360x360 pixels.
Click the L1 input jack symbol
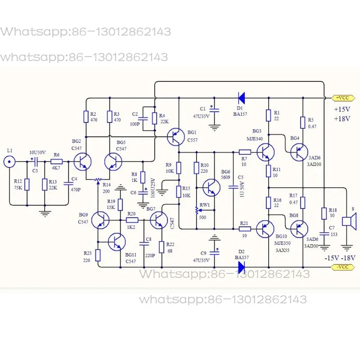tap(9, 162)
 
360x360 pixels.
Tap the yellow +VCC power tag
tap(343, 98)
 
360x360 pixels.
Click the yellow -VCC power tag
tap(343, 267)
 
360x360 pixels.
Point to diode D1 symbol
tap(241, 98)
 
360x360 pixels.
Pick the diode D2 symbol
tap(241, 267)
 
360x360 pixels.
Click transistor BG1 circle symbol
tap(175, 137)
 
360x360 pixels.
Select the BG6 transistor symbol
tap(211, 188)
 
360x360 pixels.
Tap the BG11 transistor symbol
tap(117, 242)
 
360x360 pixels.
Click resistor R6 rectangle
tap(57, 161)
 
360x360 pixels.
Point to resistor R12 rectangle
tap(27, 184)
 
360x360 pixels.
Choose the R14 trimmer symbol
tap(98, 180)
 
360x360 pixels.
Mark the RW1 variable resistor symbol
tap(197, 211)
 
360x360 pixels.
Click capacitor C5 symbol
tap(233, 187)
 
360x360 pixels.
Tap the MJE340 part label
tap(255, 139)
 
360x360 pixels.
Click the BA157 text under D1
tap(240, 114)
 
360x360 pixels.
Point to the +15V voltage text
tap(342, 109)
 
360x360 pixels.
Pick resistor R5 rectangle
tap(303, 122)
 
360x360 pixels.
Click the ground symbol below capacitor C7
tap(324, 248)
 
